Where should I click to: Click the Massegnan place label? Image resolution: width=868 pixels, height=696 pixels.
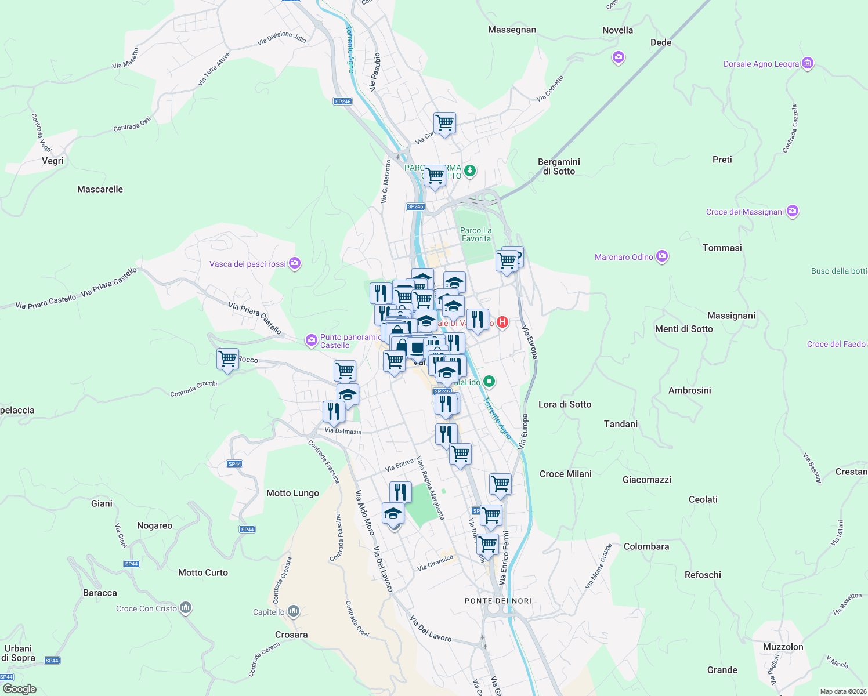(x=512, y=30)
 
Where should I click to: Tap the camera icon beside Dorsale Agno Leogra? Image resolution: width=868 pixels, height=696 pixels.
(x=808, y=63)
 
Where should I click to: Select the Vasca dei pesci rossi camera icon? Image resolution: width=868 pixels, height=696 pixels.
(x=295, y=263)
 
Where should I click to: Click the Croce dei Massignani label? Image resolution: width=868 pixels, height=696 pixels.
(x=744, y=212)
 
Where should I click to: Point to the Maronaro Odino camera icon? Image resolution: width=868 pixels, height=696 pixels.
(x=662, y=256)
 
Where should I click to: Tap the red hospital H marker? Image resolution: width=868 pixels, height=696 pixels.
(x=502, y=322)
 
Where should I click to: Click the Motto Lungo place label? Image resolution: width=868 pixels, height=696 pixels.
(x=292, y=493)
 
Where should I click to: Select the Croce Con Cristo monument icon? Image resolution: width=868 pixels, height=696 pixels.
(x=186, y=608)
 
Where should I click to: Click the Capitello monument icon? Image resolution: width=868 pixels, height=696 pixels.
(x=293, y=611)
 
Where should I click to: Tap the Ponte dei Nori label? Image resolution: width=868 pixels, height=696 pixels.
(x=498, y=601)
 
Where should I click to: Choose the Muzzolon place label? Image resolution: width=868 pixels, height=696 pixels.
(x=783, y=647)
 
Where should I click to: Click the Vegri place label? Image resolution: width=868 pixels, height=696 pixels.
(x=53, y=161)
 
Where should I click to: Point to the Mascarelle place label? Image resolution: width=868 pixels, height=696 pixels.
(x=100, y=189)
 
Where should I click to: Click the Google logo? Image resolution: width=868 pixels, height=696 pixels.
(x=20, y=689)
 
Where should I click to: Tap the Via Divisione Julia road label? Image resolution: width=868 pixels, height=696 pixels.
(x=281, y=38)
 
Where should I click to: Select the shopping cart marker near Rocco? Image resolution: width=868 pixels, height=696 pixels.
(x=227, y=360)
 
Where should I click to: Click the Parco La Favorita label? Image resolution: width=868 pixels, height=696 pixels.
(x=476, y=234)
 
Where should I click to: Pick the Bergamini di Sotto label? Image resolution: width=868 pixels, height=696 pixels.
(x=559, y=166)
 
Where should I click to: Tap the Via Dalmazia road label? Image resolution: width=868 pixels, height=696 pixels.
(x=343, y=431)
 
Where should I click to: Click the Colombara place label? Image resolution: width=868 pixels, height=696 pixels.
(x=646, y=546)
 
